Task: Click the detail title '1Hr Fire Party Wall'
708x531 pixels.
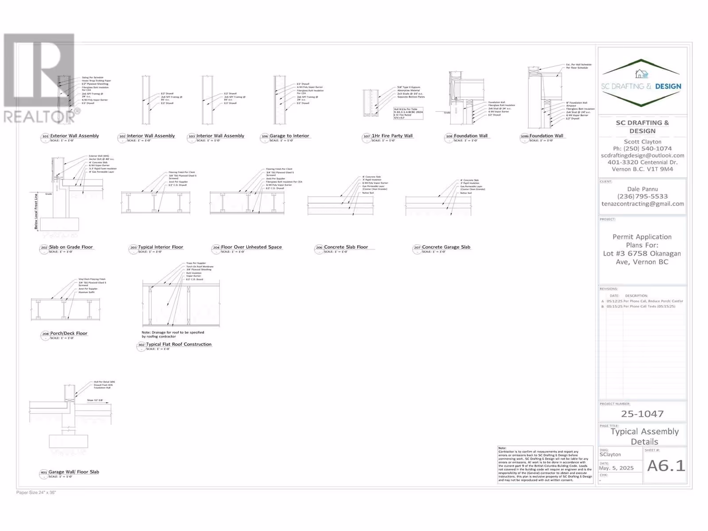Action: pyautogui.click(x=392, y=136)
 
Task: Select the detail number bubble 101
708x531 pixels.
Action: pyautogui.click(x=45, y=137)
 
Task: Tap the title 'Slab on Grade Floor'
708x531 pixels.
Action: pyautogui.click(x=71, y=247)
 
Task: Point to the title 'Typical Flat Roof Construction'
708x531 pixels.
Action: pyautogui.click(x=179, y=344)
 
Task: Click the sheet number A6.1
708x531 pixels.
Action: pyautogui.click(x=666, y=466)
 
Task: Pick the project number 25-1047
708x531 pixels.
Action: pyautogui.click(x=642, y=414)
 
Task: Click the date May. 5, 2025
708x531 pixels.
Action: pyautogui.click(x=616, y=468)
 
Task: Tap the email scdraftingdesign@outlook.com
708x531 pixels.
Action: pyautogui.click(x=643, y=155)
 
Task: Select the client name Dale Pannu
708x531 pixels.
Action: pyautogui.click(x=643, y=189)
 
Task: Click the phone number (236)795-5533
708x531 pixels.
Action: pyautogui.click(x=643, y=196)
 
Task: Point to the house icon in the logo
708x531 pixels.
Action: pyautogui.click(x=641, y=73)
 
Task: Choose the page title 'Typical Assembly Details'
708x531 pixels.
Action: pyautogui.click(x=644, y=436)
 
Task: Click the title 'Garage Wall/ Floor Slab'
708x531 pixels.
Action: pyautogui.click(x=74, y=472)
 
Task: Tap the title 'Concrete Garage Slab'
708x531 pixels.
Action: pyautogui.click(x=446, y=247)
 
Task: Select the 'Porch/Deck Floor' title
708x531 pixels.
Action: pyautogui.click(x=69, y=333)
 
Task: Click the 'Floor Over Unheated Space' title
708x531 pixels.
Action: pyautogui.click(x=251, y=247)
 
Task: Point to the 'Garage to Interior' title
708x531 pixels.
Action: pyautogui.click(x=289, y=136)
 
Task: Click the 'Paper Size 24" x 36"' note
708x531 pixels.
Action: pyautogui.click(x=36, y=493)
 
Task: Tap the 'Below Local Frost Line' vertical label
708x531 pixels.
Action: pyautogui.click(x=36, y=212)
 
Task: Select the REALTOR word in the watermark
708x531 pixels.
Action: pyautogui.click(x=39, y=117)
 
